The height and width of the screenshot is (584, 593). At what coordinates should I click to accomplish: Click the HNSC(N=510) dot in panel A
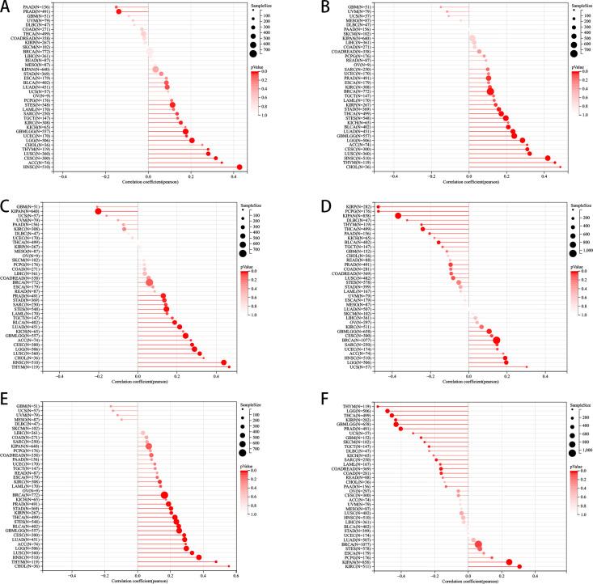click(239, 167)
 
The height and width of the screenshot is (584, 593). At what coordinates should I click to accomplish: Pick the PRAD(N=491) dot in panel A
click(119, 12)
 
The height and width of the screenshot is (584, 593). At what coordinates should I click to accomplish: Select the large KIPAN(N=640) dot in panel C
click(99, 212)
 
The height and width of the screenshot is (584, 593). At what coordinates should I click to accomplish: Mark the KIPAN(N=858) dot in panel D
click(398, 216)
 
